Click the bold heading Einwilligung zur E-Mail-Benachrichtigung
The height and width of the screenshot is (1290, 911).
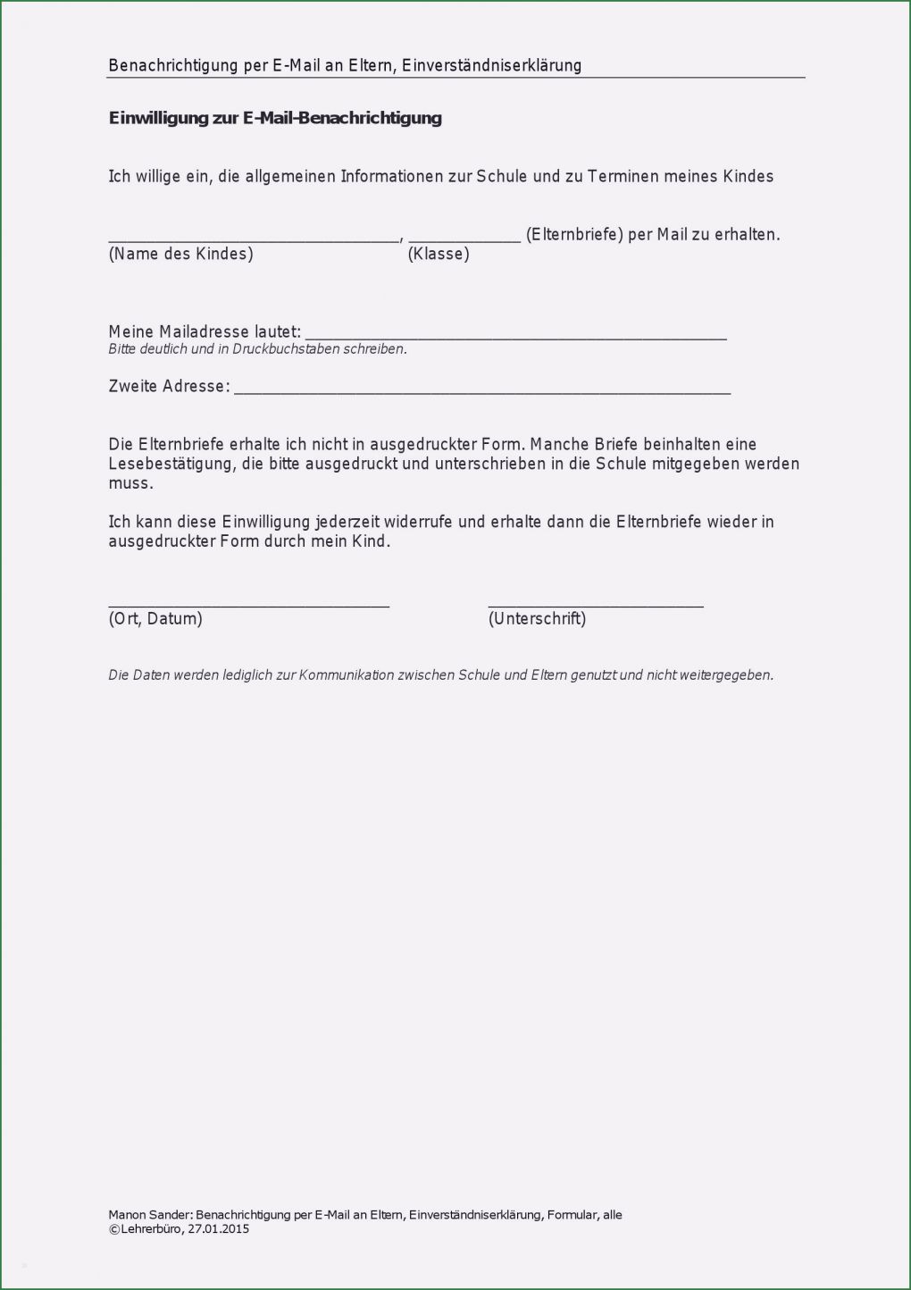[x=275, y=118]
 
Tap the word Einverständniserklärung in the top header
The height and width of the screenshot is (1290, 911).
[x=491, y=65]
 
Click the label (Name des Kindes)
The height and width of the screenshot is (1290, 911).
[x=181, y=255]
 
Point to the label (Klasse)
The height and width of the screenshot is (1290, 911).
[x=439, y=255]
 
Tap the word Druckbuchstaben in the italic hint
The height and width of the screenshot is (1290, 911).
[x=280, y=349]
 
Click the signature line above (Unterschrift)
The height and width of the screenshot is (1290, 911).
[x=596, y=607]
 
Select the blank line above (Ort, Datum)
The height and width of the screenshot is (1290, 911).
[x=248, y=607]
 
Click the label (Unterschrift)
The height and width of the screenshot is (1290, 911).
[x=537, y=619]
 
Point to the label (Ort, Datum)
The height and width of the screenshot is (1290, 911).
[x=155, y=619]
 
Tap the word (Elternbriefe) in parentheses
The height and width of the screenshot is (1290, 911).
[x=574, y=235]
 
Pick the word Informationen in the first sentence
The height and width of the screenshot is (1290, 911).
[x=392, y=177]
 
